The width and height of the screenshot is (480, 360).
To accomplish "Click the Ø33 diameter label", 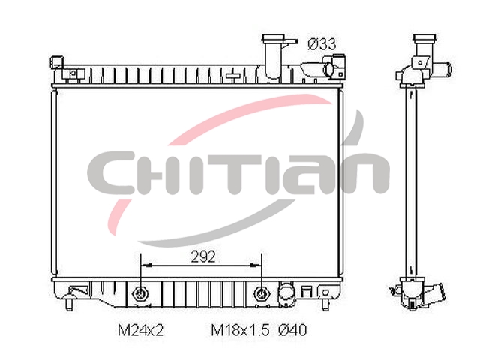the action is pos(322,44).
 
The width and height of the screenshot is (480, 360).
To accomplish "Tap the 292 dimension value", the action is pos(203,256).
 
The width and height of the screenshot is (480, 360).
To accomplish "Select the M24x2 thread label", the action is pos(141,330).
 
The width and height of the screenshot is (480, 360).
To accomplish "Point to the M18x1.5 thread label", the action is pos(241,330).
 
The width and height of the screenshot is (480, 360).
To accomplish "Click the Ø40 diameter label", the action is pos(292,330).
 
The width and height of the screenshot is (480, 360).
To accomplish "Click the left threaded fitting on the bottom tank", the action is pos(140,294).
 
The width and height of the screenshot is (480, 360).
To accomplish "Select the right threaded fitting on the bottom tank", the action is pos(262,294).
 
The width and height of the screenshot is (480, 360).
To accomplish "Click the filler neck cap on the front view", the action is pos(273,39).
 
